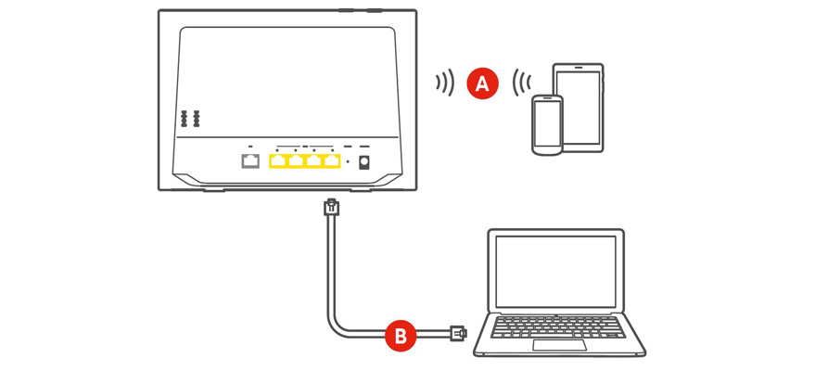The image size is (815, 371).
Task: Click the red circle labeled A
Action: click(x=482, y=83)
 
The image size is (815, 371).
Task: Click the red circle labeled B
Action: click(x=401, y=336)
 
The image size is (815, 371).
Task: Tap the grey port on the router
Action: click(x=250, y=161)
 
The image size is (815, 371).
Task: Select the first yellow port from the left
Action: click(x=279, y=161)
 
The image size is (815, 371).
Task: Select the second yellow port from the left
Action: click(x=297, y=161)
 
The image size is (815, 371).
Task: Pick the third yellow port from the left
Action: click(x=314, y=161)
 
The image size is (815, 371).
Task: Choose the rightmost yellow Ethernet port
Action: click(x=332, y=161)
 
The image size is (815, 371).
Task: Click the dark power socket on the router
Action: click(x=363, y=162)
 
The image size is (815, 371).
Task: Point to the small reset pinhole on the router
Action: click(x=348, y=163)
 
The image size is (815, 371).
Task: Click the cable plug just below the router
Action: click(x=332, y=208)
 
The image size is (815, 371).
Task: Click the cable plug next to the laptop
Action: click(x=457, y=332)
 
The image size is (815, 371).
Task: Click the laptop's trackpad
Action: click(x=559, y=345)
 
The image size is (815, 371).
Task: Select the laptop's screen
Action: click(x=555, y=271)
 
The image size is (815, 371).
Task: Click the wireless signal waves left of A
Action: click(x=446, y=83)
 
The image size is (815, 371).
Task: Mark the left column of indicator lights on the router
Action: click(x=185, y=119)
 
